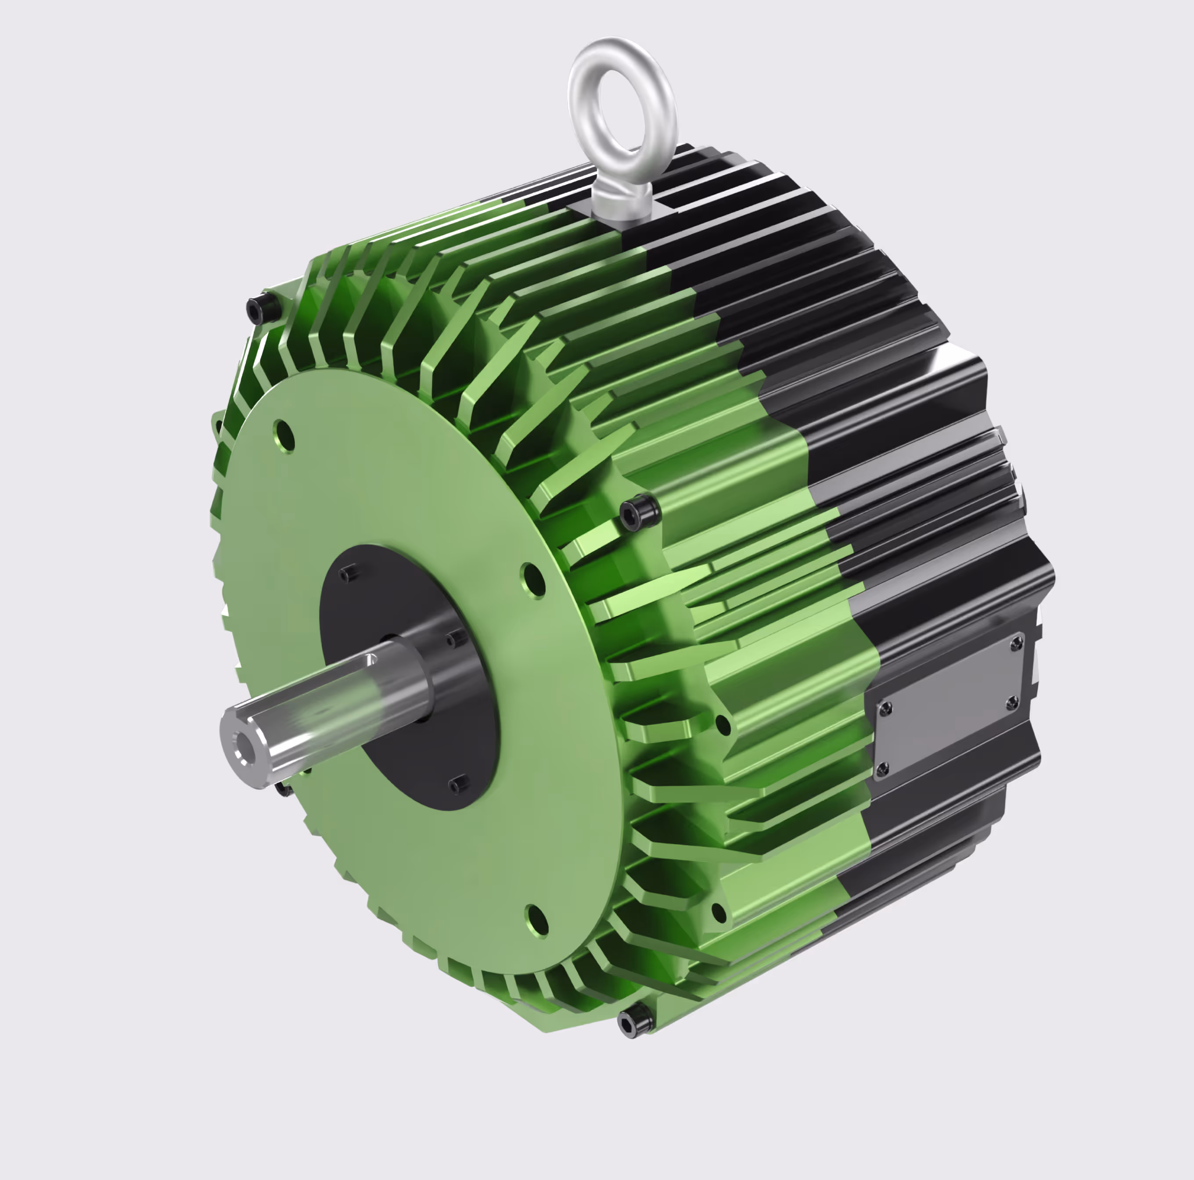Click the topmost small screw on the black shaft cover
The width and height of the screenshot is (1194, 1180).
click(x=349, y=574)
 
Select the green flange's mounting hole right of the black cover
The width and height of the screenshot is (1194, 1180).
click(x=534, y=580)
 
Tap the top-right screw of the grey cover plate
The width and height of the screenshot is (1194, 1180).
click(x=1015, y=645)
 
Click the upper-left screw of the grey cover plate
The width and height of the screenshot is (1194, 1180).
click(x=885, y=709)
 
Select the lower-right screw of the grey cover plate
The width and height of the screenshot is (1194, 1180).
click(x=1012, y=703)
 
